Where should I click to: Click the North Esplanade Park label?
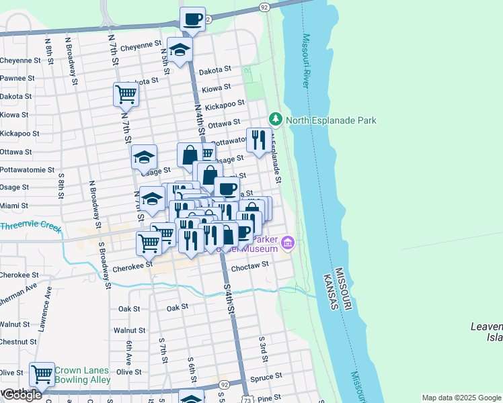tap(331, 120)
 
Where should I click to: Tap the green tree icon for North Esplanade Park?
tap(276, 120)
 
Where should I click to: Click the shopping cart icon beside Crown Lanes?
tap(42, 373)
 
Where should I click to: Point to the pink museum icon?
tap(288, 242)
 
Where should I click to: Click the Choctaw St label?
tap(249, 265)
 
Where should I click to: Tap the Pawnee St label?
tap(17, 78)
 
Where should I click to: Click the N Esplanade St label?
tap(275, 161)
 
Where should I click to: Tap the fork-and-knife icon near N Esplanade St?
tap(258, 139)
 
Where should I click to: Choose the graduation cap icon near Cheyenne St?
tap(180, 48)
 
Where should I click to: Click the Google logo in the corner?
tap(22, 395)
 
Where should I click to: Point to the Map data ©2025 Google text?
tap(461, 398)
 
